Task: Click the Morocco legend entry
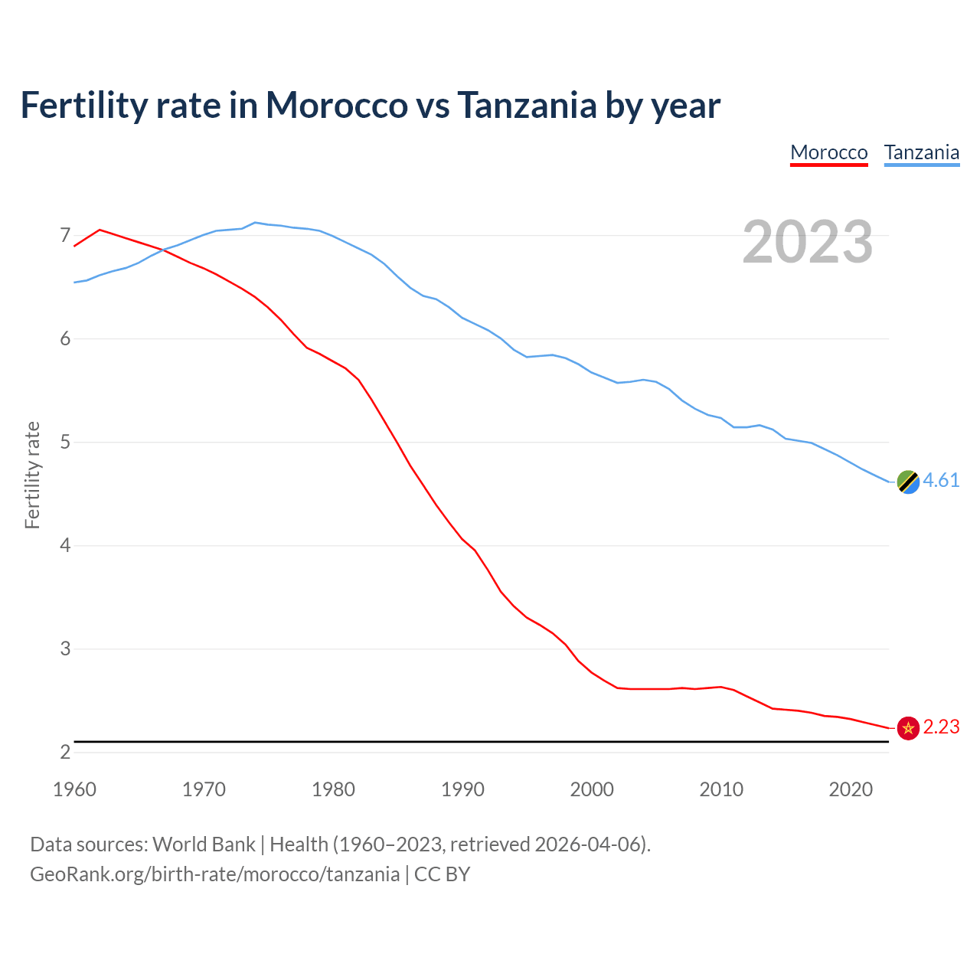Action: [828, 152]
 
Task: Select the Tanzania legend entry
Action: [921, 152]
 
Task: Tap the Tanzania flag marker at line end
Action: [907, 482]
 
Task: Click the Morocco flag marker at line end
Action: [907, 728]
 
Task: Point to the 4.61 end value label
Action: [941, 480]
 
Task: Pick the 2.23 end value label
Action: [941, 727]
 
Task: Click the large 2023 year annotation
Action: [807, 242]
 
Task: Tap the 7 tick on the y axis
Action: [65, 235]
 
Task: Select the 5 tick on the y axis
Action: [65, 442]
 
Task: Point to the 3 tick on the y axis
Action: [65, 648]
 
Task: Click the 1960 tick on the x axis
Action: [74, 789]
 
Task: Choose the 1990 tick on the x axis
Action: [462, 789]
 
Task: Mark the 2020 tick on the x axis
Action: [851, 789]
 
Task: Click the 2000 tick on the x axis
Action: [592, 789]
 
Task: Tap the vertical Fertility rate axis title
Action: [32, 475]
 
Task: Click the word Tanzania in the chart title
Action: [528, 105]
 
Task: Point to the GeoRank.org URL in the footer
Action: [214, 874]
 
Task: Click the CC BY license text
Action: [442, 874]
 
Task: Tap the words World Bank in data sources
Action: [204, 844]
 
